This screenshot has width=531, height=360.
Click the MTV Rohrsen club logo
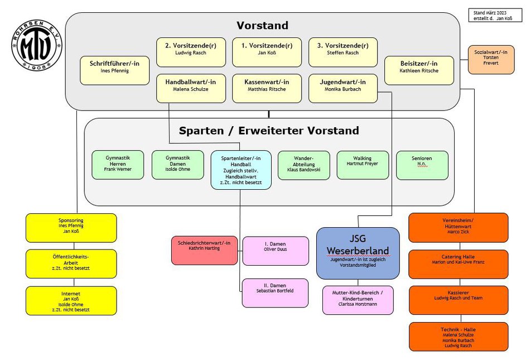click(37, 45)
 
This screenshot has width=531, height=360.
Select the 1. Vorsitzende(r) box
click(267, 52)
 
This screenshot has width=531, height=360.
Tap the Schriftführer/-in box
click(114, 70)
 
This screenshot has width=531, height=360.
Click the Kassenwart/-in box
click(267, 89)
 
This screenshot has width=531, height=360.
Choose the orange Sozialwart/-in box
click(491, 60)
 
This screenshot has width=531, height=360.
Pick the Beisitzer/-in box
click(419, 70)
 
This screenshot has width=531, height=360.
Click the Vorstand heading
click(263, 26)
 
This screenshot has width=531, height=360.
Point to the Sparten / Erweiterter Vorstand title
click(269, 131)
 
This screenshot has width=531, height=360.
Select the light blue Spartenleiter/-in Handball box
click(241, 170)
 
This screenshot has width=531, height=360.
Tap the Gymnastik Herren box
click(118, 165)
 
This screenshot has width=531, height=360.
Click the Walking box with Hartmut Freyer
click(363, 165)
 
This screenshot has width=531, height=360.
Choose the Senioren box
click(422, 165)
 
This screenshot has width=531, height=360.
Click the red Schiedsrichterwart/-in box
click(204, 251)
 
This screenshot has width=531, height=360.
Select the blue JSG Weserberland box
click(358, 253)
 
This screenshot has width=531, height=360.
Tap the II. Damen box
click(275, 293)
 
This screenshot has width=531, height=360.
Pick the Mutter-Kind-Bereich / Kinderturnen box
click(358, 300)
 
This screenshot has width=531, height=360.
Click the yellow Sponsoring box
click(71, 228)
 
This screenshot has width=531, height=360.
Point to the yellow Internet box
click(71, 301)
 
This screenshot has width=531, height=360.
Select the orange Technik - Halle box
click(458, 337)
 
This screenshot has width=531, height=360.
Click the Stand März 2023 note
click(495, 16)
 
